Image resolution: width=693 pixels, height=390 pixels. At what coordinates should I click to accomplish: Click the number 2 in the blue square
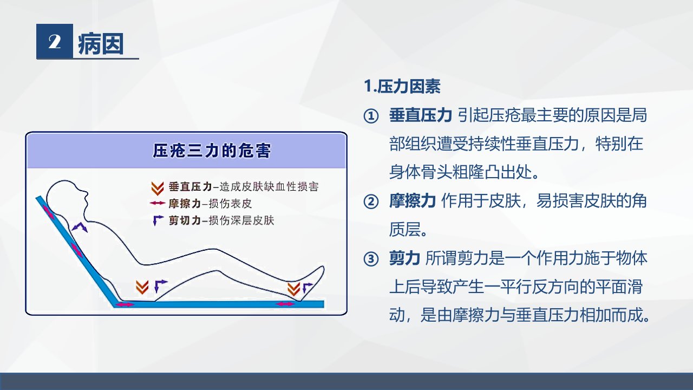[55, 42]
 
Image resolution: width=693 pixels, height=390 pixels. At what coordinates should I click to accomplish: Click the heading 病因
[101, 44]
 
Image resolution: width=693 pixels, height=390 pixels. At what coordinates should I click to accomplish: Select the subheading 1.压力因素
[402, 86]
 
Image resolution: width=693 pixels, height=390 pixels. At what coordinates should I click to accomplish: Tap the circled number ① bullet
[371, 116]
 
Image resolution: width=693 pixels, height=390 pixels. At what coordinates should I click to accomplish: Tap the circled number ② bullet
[371, 202]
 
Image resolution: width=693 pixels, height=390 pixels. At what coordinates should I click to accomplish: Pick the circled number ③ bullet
[371, 259]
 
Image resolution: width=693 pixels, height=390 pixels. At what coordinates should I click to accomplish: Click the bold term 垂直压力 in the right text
[421, 115]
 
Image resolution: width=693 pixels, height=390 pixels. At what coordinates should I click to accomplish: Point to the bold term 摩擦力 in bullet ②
[413, 200]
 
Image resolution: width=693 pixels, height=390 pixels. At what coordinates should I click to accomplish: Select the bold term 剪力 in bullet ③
[404, 258]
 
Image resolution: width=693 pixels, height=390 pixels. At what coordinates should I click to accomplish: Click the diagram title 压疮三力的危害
[212, 151]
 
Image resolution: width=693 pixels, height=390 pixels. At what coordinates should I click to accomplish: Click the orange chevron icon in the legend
[157, 188]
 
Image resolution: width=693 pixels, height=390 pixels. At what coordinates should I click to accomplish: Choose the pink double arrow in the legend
[158, 203]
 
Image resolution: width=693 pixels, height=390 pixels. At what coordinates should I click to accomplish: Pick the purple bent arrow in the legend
[158, 220]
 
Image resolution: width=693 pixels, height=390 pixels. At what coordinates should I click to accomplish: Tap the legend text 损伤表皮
[231, 204]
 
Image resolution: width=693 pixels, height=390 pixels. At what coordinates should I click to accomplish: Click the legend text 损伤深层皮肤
[241, 220]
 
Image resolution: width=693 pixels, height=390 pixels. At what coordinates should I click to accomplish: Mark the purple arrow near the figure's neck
[80, 227]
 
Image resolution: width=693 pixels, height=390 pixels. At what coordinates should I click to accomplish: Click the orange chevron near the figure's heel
[293, 289]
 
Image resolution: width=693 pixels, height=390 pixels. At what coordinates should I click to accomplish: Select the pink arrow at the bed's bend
[125, 305]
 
